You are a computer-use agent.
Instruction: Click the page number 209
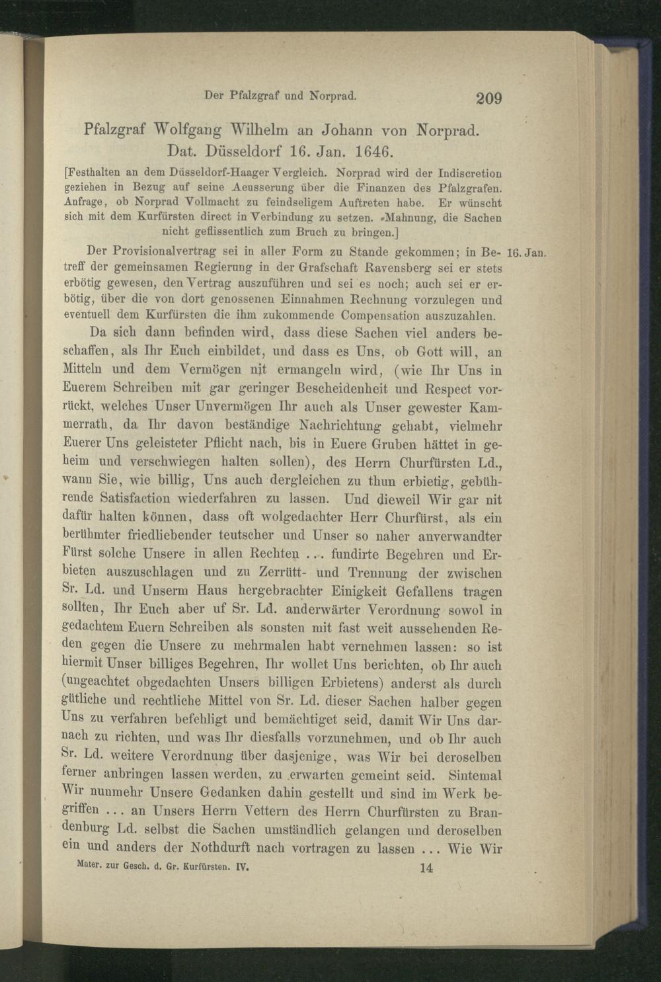coord(489,99)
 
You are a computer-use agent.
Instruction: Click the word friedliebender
coord(171,535)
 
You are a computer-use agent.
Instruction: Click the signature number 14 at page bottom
coord(426,868)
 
